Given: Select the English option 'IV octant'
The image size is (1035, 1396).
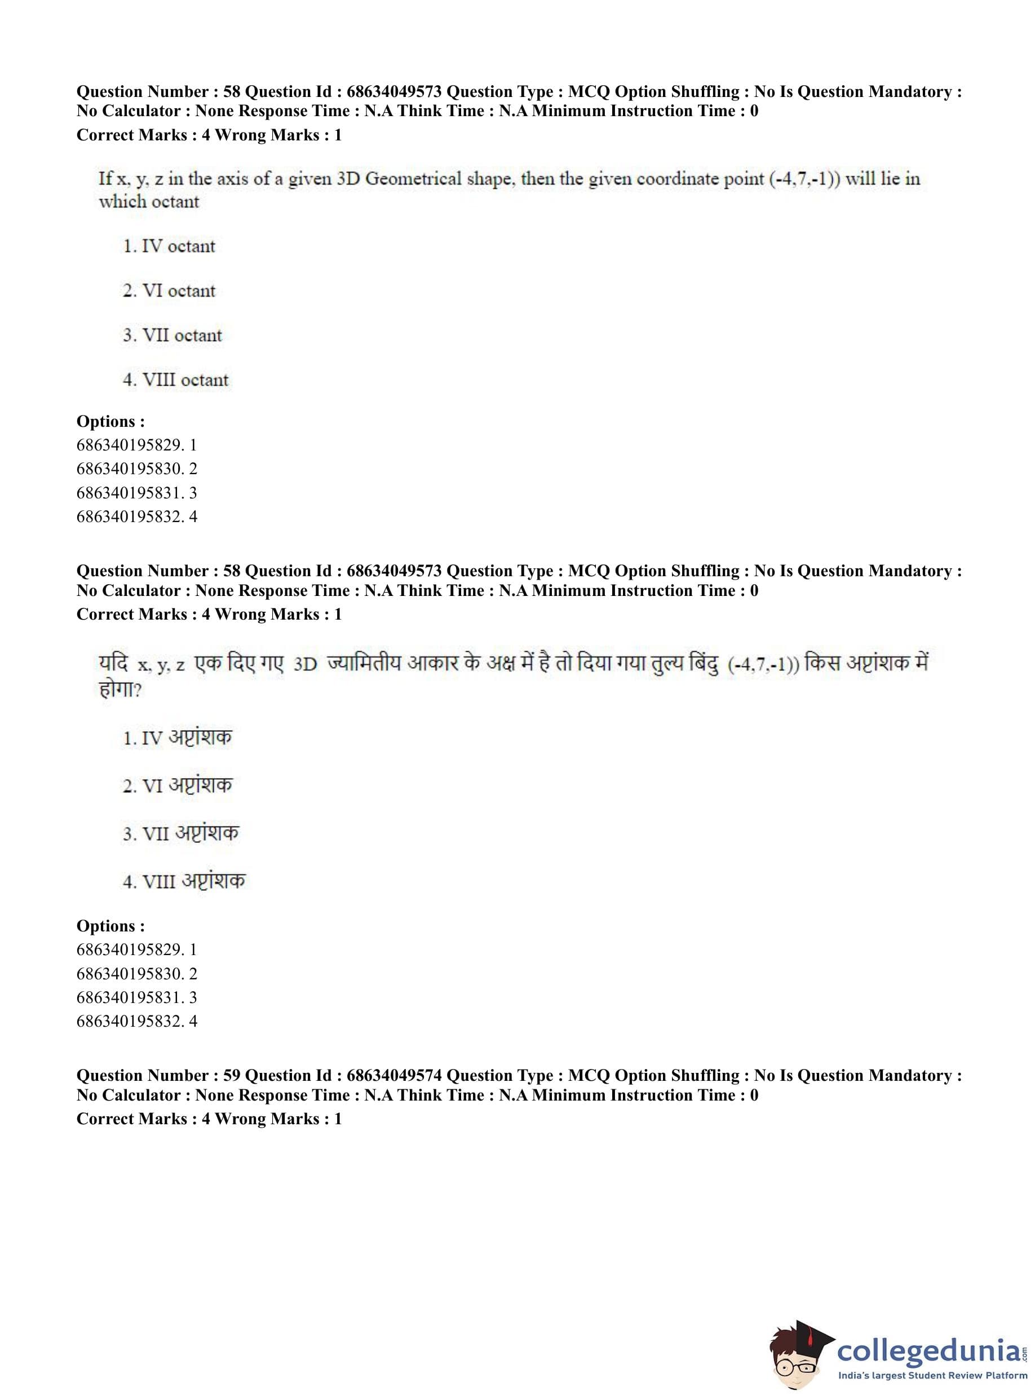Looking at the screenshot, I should click(169, 246).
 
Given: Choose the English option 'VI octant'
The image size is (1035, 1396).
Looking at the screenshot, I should click(169, 291).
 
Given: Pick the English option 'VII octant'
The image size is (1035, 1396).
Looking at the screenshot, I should click(172, 335).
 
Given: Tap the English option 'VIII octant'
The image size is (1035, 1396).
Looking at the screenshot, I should click(176, 379).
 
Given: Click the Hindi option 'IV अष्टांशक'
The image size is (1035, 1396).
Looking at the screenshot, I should click(178, 737).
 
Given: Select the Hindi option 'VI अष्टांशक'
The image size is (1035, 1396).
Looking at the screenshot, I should click(178, 785).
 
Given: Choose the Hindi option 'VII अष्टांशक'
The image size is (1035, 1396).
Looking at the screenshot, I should click(181, 833).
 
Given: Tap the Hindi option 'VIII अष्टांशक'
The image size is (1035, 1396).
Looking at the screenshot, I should click(184, 881).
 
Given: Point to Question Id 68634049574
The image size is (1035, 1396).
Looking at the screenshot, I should click(394, 1075).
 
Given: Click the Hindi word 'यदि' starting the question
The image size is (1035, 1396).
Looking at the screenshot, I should click(113, 663).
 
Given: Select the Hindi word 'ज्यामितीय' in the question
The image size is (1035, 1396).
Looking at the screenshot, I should click(364, 663).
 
